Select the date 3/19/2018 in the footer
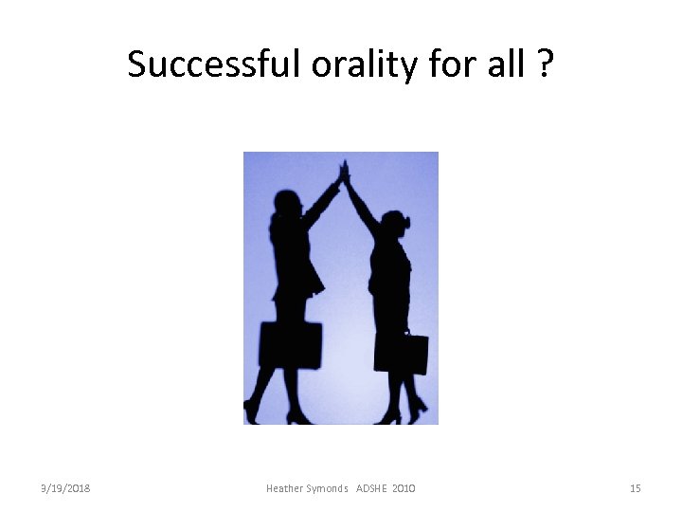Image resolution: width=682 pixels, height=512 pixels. click(65, 488)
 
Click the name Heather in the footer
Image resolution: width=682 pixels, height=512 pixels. click(286, 488)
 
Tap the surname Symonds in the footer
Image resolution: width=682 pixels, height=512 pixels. click(328, 488)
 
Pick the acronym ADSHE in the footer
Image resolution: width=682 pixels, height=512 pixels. click(373, 488)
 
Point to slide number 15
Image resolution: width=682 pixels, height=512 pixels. click(635, 488)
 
